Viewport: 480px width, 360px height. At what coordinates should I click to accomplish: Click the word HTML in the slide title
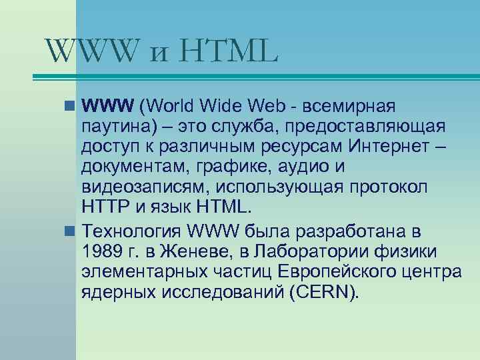[x=227, y=51]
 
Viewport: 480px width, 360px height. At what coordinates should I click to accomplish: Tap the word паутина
[x=114, y=127]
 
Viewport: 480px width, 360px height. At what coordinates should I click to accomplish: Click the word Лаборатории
[x=325, y=252]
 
